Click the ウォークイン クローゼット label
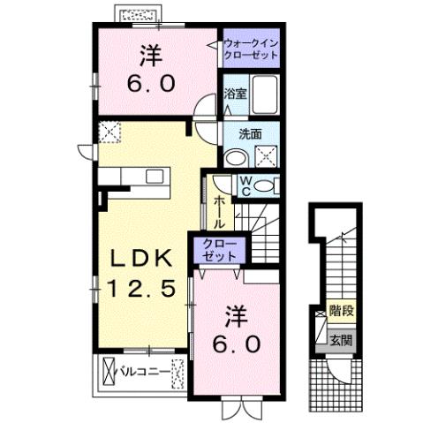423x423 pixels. point(250,48)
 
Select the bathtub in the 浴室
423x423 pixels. point(264,94)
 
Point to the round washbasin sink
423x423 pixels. point(235,157)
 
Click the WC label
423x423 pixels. point(246,185)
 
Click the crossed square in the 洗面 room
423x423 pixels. point(266,157)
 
